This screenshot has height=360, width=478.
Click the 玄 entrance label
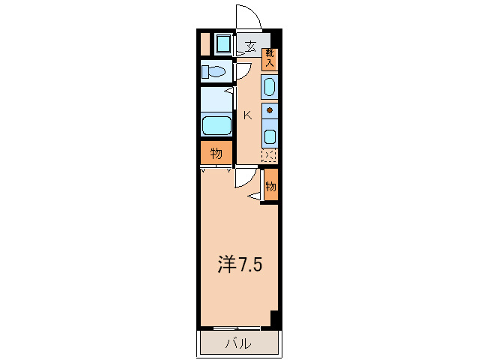tap(250, 46)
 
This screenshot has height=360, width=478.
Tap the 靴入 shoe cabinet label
tap(269, 58)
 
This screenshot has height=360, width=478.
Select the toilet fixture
tap(216, 72)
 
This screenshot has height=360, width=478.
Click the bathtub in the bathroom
tap(217, 126)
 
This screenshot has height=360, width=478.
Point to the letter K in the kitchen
tap(246, 115)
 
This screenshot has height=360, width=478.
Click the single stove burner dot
tap(270, 111)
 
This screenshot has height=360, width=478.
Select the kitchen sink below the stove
tap(270, 136)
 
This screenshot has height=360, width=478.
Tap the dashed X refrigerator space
tap(269, 156)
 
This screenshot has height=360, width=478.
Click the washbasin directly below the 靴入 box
tap(270, 87)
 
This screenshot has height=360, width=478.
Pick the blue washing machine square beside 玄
tap(223, 44)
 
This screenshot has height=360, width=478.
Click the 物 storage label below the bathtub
tap(216, 154)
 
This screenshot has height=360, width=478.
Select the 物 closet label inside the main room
tap(270, 186)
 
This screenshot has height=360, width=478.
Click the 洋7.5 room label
tap(239, 265)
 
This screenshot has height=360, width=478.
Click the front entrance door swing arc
tap(246, 16)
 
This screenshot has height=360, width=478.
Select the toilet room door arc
tap(243, 72)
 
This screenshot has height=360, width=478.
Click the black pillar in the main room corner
tap(275, 319)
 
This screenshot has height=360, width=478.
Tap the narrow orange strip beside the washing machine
tap(205, 44)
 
